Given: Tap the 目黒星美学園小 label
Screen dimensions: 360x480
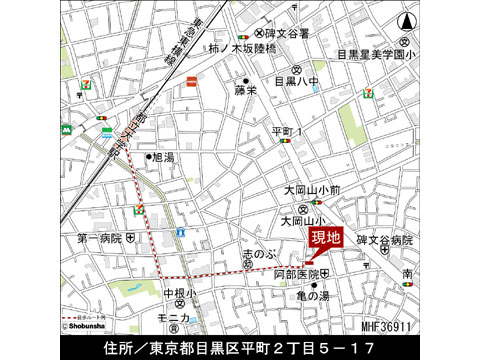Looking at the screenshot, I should (375, 54).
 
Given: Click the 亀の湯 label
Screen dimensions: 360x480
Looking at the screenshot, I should (309, 295).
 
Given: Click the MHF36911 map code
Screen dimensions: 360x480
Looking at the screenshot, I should (389, 326).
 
